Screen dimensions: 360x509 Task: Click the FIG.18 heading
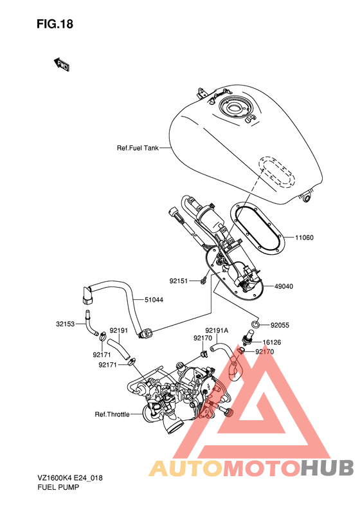[x=55, y=24]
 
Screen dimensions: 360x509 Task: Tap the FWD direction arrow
[x=61, y=64]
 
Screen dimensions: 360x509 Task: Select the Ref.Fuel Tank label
[x=138, y=148]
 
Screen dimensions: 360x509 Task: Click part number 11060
[x=304, y=237]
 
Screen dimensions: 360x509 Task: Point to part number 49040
[x=283, y=286]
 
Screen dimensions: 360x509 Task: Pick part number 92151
[x=178, y=281]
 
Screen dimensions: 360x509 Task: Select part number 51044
[x=154, y=300]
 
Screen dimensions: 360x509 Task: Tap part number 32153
[x=65, y=324]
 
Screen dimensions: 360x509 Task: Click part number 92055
[x=280, y=325]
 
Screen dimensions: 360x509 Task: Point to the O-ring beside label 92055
[x=255, y=324]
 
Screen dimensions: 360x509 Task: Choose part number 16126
[x=272, y=342]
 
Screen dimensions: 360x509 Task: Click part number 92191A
[x=217, y=331]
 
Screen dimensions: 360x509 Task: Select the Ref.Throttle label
[x=112, y=414]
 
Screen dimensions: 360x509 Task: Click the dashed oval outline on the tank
[x=276, y=172]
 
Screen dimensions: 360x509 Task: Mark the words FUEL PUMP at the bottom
[x=59, y=487]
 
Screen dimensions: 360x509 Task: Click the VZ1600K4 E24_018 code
[x=70, y=478]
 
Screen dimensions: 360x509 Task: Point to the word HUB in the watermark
[x=327, y=468]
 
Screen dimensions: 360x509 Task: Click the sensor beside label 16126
[x=248, y=338]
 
